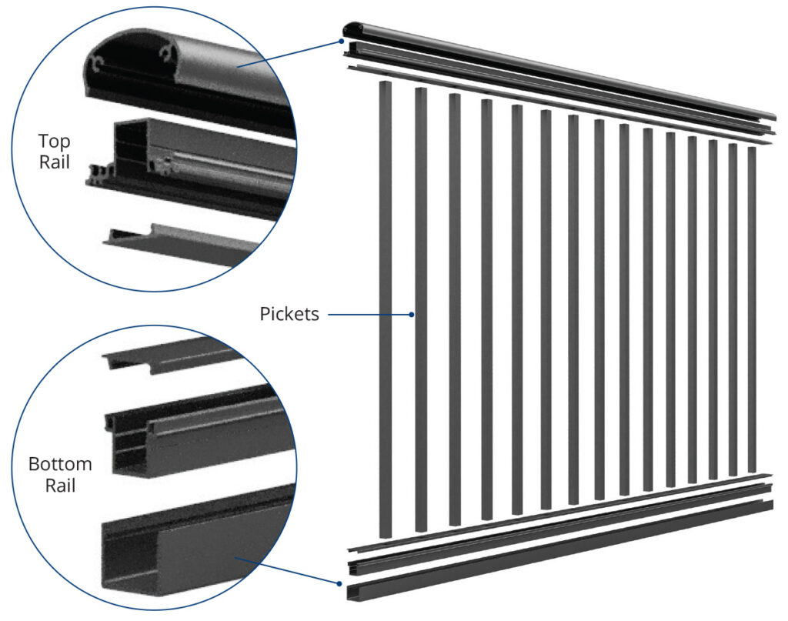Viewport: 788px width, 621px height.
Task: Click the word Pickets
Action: (x=289, y=314)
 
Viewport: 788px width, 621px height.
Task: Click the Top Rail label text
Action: (x=55, y=152)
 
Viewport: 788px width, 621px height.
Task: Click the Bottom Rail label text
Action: (x=60, y=474)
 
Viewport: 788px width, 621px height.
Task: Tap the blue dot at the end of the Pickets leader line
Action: (x=412, y=315)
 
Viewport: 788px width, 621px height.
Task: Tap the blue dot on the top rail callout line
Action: (x=341, y=42)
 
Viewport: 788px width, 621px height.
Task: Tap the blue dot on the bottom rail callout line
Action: (x=339, y=584)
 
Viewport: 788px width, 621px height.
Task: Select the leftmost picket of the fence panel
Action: (x=385, y=309)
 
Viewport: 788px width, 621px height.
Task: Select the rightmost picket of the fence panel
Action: (x=752, y=309)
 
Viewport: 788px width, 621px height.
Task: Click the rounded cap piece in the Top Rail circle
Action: (x=186, y=75)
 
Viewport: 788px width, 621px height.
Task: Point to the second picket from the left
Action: (x=421, y=309)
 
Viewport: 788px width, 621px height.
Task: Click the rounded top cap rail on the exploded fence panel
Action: (x=558, y=70)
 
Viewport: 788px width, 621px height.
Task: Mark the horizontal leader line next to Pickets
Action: (x=370, y=315)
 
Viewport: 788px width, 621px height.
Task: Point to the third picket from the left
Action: (x=455, y=309)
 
